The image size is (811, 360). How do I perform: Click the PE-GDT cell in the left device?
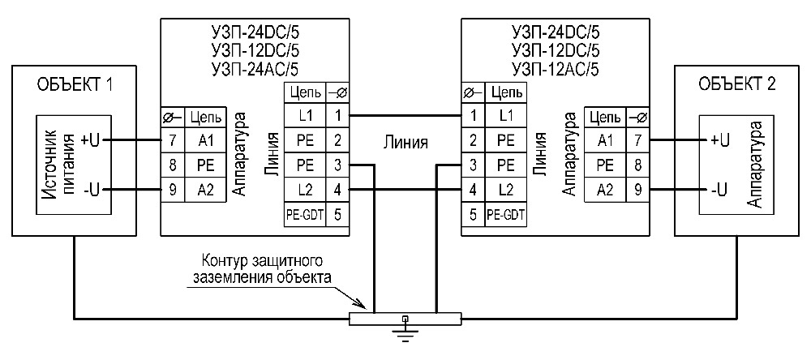[304, 215]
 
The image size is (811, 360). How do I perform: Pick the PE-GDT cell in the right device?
[506, 215]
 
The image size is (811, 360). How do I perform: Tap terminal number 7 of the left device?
[173, 140]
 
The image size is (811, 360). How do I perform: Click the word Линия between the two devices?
[405, 143]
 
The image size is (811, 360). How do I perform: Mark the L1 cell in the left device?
[304, 115]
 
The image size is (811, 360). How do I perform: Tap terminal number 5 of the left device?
[337, 215]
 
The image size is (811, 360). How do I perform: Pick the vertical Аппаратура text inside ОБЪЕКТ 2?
[754, 165]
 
